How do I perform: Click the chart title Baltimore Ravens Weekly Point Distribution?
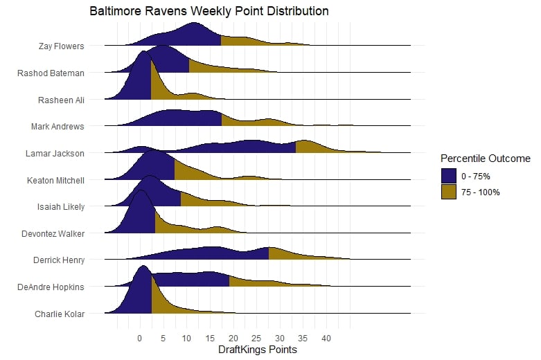point(209,12)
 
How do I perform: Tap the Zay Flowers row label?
point(62,46)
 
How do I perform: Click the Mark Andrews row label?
point(57,127)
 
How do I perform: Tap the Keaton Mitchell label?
point(55,180)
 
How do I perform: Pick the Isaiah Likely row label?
point(61,206)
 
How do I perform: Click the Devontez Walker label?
point(55,233)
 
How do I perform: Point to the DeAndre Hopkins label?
point(52,287)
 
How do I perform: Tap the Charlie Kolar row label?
point(60,314)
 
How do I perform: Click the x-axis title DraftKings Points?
point(257,350)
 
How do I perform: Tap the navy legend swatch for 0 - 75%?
point(449,176)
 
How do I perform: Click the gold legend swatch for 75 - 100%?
point(449,192)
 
